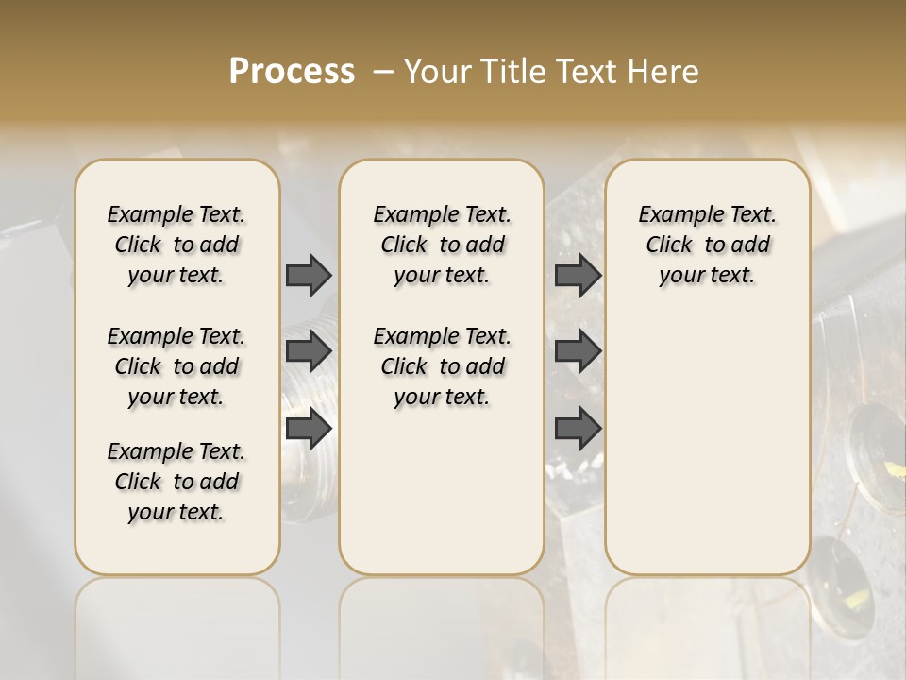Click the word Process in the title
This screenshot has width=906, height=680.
tap(292, 72)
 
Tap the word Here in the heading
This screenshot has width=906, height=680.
tap(663, 72)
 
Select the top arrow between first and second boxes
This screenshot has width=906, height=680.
tap(309, 275)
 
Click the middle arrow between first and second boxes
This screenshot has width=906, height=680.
tap(309, 351)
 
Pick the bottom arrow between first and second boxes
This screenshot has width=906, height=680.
tap(309, 429)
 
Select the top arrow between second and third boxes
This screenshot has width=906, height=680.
tap(578, 275)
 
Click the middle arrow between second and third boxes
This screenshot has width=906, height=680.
tap(578, 351)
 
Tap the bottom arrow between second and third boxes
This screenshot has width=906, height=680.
tap(578, 429)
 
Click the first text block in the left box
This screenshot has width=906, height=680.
tap(176, 245)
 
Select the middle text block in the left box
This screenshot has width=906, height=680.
tap(176, 366)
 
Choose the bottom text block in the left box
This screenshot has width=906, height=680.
tap(176, 482)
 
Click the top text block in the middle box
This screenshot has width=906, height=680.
tap(442, 245)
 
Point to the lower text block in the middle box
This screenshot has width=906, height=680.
tap(442, 366)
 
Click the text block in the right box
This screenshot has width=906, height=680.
tap(707, 245)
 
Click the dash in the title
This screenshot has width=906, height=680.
tap(382, 72)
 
